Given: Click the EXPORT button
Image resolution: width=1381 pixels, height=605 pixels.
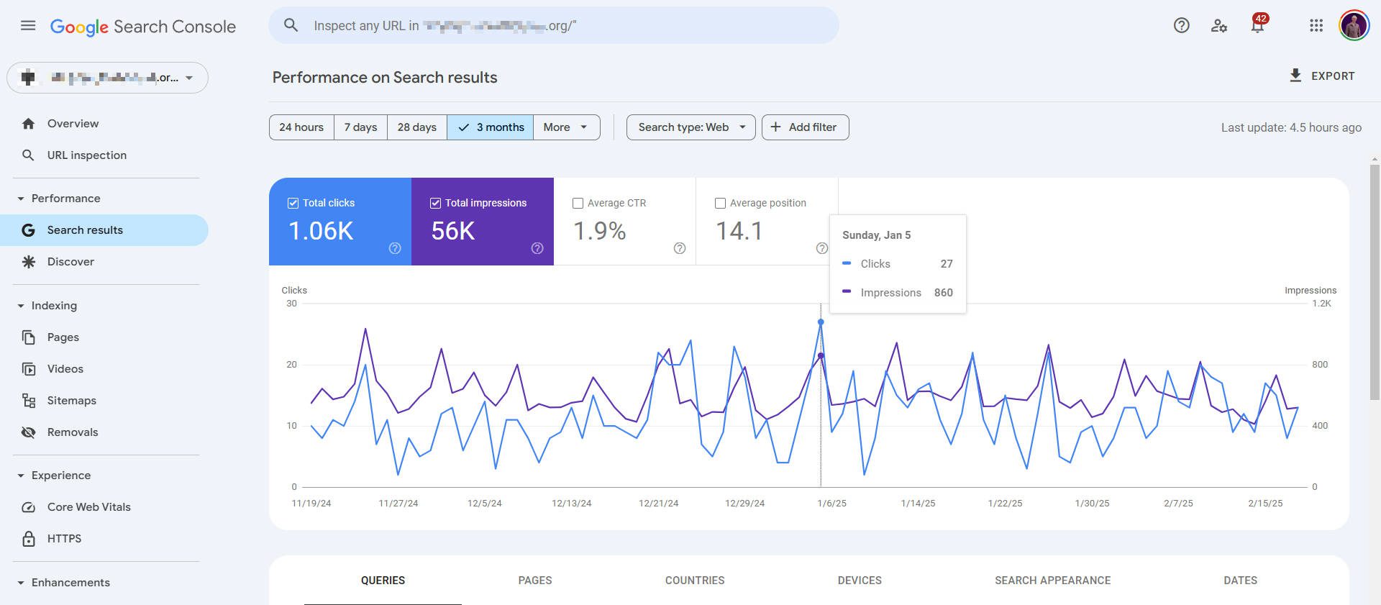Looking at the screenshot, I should coord(1322,76).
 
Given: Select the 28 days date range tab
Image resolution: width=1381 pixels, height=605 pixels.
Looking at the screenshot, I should coord(416,127).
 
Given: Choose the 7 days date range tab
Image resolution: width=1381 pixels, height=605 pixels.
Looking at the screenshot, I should coord(360,127).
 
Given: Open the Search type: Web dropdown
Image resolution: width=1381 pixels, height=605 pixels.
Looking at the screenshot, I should coord(690,127).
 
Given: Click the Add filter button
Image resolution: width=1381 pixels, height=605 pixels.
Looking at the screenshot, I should coord(805,127).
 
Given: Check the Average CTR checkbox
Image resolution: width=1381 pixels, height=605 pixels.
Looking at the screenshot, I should coord(578,204).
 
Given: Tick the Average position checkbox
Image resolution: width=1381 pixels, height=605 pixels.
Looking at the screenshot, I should coord(720,204).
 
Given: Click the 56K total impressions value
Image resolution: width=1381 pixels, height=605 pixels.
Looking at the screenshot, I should coord(453,231).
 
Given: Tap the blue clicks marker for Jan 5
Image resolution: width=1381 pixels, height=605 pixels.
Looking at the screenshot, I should coord(821,322).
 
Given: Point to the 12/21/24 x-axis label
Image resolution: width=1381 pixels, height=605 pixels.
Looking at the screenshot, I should coord(658,504).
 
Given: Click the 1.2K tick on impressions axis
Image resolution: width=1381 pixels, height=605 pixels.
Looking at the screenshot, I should coord(1321,304).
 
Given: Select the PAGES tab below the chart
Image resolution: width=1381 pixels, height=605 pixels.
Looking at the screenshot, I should coord(535,581).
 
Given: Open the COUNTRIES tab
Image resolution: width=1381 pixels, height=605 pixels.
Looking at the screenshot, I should coord(694,581).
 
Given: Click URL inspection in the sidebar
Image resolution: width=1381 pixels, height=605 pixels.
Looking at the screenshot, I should coord(86,155).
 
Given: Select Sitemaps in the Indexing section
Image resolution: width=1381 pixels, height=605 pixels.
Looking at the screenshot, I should coord(71,401).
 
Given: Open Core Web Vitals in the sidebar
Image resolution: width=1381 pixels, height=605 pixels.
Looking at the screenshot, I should coord(88,507).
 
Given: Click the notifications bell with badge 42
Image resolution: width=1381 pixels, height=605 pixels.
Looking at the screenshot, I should coord(1257,26).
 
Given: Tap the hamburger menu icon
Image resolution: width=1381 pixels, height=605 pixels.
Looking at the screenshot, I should coord(28,26).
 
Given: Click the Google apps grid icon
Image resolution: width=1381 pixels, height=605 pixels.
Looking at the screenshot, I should coord(1316,26).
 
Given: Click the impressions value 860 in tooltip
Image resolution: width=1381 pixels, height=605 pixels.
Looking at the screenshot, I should coord(943,293).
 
